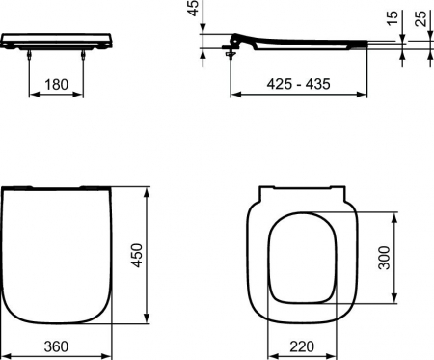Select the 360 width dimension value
click(63, 345)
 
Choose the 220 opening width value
click(299, 345)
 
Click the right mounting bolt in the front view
click(93, 53)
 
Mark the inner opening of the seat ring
click(299, 256)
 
